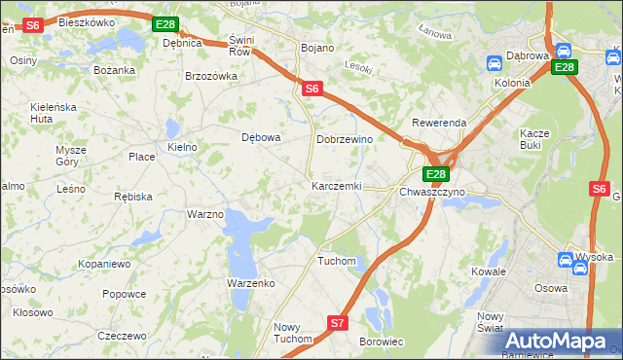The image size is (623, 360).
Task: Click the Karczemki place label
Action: click(x=336, y=185)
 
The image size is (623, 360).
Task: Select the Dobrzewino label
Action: click(x=345, y=139)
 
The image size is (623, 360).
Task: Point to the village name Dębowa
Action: click(x=261, y=137)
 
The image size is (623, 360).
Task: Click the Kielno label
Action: click(x=182, y=147)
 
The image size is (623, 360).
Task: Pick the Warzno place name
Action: click(x=205, y=213)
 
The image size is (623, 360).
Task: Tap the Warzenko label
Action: click(x=251, y=282)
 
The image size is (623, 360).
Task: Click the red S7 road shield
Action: click(x=337, y=322)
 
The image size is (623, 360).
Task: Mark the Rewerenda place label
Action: click(x=439, y=124)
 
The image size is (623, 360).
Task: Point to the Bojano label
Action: click(x=317, y=48)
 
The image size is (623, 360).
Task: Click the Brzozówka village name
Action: click(x=211, y=76)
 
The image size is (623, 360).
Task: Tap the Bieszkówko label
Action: click(x=87, y=21)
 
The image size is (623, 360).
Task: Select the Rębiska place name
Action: click(x=132, y=196)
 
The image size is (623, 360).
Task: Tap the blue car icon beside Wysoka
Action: click(x=567, y=260)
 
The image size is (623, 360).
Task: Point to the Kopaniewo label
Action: click(x=104, y=264)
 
